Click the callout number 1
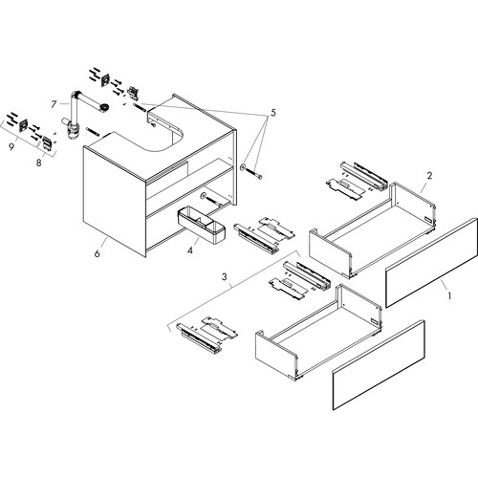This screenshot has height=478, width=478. tap(449, 296)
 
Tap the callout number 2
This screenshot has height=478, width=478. tap(429, 175)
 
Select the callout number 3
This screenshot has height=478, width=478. tap(225, 276)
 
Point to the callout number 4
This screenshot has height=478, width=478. tap(190, 250)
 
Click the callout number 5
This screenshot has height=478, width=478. tap(273, 113)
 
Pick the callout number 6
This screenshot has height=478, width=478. tap(97, 253)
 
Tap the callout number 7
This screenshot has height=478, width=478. tap(54, 104)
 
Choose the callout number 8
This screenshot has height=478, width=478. tap(38, 163)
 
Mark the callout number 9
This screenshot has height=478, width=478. tap(11, 147)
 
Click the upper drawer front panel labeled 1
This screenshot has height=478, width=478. tap(431, 263)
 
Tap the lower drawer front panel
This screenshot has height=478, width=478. tap(379, 365)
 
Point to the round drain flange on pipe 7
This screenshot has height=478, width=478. tap(104, 108)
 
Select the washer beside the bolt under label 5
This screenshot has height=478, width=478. tap(243, 166)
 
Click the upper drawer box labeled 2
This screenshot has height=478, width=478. tap(372, 230)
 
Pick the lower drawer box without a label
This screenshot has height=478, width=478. tap(318, 332)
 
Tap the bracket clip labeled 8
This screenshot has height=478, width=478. tap(47, 143)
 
